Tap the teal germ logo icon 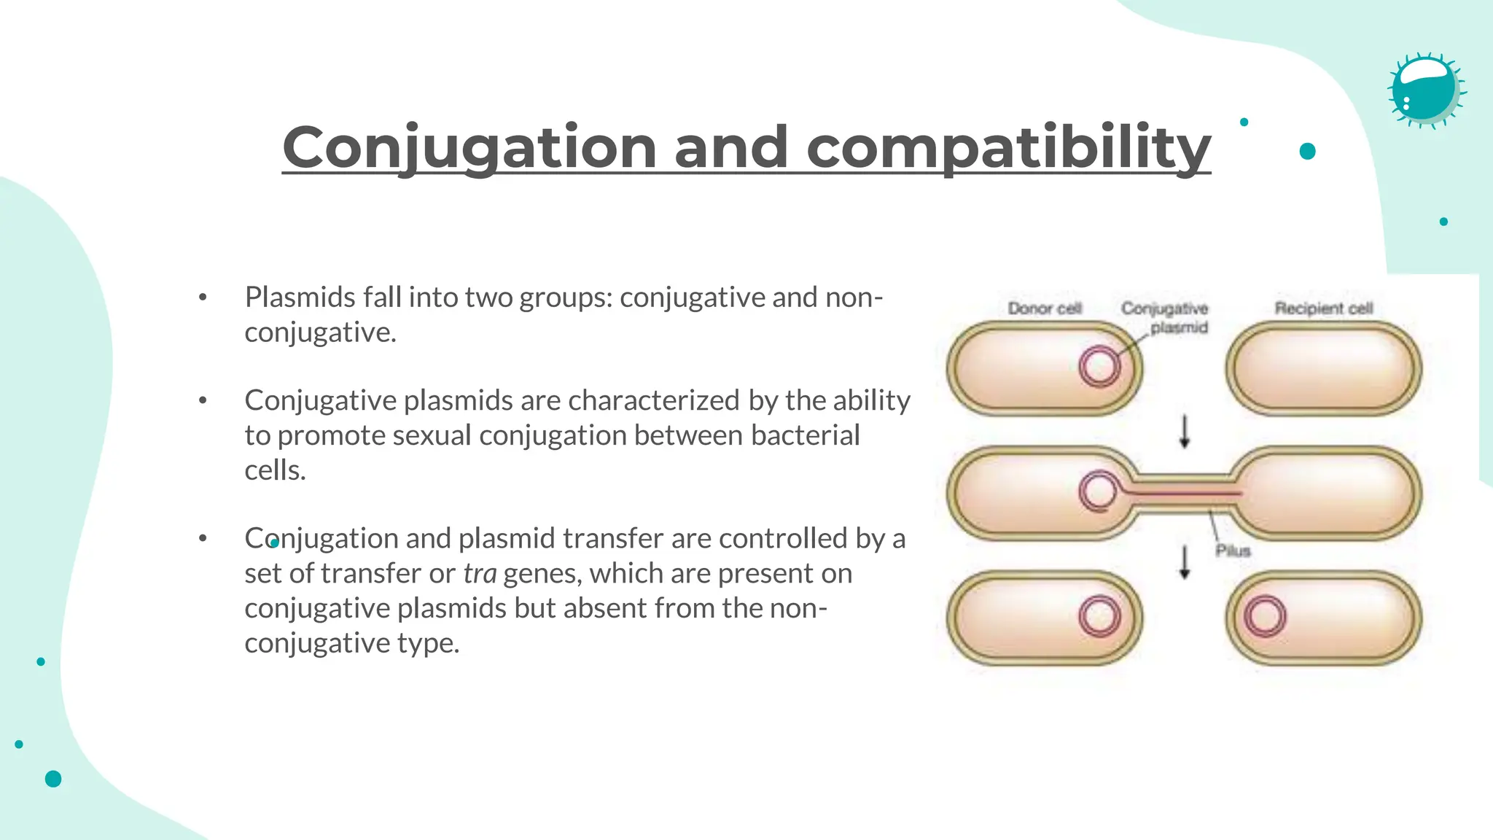[x=1425, y=90]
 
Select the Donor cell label [x=1044, y=308]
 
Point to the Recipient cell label [x=1323, y=308]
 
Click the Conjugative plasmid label [x=1165, y=318]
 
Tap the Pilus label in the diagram [x=1233, y=551]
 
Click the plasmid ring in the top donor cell [x=1099, y=366]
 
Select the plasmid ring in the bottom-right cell [x=1265, y=617]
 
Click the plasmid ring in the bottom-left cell [x=1099, y=617]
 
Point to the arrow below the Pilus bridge [x=1185, y=562]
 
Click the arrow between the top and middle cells [x=1185, y=432]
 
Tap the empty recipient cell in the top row [x=1323, y=368]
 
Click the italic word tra [x=480, y=574]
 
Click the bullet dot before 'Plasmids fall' [x=203, y=297]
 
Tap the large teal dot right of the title [x=1307, y=151]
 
